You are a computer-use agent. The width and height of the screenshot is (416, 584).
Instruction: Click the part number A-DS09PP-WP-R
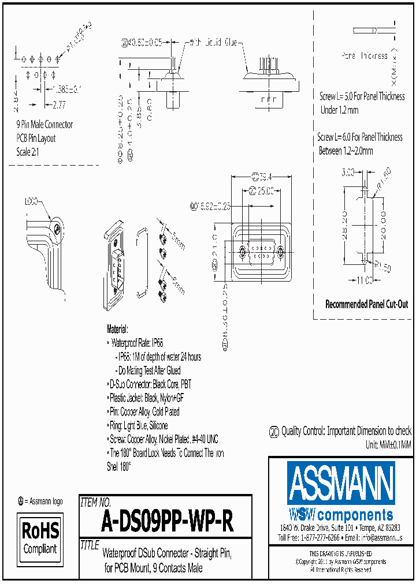click(167, 523)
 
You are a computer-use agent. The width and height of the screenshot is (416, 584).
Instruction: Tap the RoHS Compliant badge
click(40, 538)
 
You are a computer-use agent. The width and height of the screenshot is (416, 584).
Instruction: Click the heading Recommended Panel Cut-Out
click(366, 304)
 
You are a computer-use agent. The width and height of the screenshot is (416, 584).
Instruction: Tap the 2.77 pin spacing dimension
click(59, 104)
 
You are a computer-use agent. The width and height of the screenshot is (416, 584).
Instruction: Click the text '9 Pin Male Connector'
click(44, 125)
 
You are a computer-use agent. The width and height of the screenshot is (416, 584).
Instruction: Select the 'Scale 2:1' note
click(29, 152)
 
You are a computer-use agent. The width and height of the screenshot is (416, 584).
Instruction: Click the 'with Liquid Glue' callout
click(214, 42)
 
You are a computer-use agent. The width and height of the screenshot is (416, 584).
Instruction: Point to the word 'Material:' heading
click(117, 330)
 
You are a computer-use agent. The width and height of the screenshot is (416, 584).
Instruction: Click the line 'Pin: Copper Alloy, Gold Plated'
click(144, 411)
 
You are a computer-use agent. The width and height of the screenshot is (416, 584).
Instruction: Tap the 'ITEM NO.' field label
click(95, 502)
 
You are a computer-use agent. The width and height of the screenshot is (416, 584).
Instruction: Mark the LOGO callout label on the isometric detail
click(31, 202)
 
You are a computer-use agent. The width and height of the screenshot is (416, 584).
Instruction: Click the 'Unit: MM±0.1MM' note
click(388, 444)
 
